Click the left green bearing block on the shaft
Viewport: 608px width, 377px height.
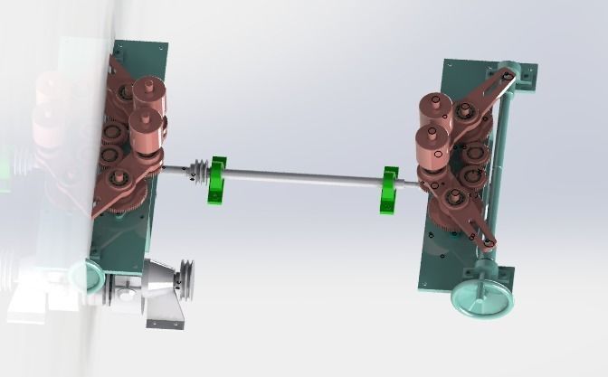(218, 178)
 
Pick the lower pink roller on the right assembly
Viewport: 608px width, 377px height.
(432, 145)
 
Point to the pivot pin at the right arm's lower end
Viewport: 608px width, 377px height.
(489, 240)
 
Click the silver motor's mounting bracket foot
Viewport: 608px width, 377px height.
(166, 313)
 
